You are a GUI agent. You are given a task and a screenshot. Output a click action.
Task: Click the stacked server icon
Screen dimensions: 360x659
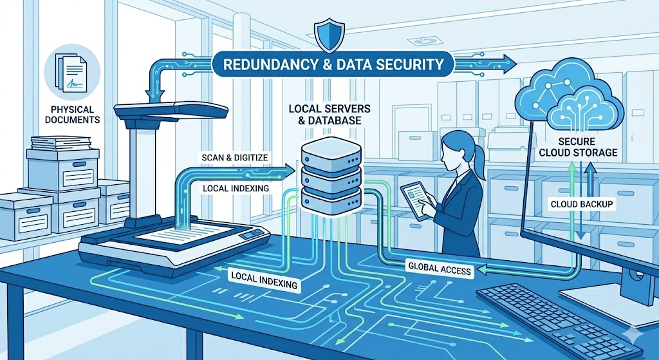[330, 173]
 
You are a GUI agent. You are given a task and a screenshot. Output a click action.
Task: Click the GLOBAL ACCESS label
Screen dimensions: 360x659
[440, 269]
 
